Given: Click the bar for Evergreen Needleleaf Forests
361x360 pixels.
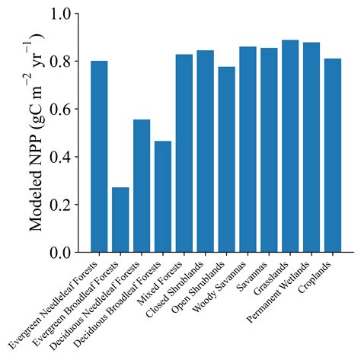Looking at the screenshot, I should click(x=99, y=156).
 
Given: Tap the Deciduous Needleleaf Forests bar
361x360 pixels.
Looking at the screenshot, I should click(x=142, y=186).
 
